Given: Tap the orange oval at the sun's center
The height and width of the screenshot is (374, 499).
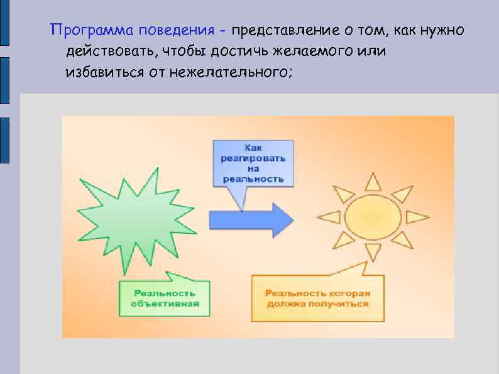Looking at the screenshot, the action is [x=373, y=217].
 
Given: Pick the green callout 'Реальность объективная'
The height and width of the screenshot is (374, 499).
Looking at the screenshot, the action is [x=165, y=298].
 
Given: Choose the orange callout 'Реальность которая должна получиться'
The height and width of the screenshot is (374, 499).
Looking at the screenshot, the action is [x=317, y=298].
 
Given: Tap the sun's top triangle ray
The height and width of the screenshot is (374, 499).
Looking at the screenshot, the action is [x=373, y=182].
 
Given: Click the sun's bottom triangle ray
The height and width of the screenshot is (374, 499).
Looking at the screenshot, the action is [x=373, y=253].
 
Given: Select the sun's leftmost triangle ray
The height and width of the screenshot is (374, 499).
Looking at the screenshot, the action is [x=329, y=217].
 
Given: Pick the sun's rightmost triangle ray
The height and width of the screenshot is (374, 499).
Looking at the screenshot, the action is [x=417, y=217].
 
